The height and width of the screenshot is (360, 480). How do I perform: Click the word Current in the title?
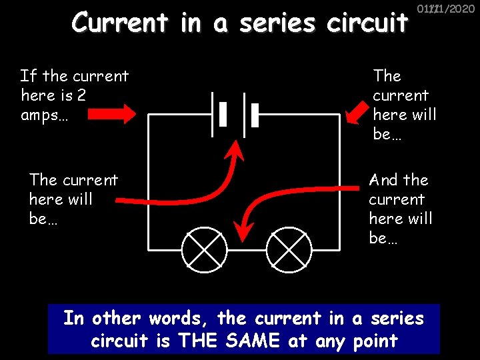click(x=120, y=23)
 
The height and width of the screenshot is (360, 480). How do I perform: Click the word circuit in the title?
click(x=367, y=23)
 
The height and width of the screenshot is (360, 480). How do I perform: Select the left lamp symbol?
click(x=205, y=247)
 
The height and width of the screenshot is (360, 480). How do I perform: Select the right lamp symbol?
click(x=289, y=247)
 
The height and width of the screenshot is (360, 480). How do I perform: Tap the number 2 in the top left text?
click(x=81, y=95)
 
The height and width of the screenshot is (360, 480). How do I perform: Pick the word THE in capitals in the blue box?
click(x=195, y=341)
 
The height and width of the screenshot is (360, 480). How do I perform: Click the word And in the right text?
click(x=383, y=180)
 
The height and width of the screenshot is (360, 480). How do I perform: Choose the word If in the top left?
click(x=27, y=76)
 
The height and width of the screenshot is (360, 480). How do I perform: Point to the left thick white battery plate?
click(x=223, y=115)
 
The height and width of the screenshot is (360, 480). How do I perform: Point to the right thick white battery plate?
click(x=254, y=115)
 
